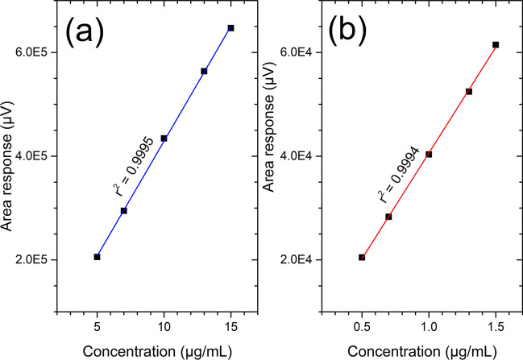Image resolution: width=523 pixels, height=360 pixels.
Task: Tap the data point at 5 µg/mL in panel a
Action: coord(97,257)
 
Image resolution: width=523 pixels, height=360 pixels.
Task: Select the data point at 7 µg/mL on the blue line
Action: coord(123,211)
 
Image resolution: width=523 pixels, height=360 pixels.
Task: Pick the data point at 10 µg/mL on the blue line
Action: coord(164,139)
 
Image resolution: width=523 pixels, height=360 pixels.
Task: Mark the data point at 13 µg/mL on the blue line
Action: coord(204,71)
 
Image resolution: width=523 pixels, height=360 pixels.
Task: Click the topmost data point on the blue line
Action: coord(230,27)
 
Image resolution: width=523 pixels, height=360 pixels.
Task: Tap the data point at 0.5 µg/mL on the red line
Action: coord(362,258)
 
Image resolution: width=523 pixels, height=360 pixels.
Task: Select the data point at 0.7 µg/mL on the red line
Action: coord(388,217)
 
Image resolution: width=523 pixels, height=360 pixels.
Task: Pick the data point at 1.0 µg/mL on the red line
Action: coord(429,154)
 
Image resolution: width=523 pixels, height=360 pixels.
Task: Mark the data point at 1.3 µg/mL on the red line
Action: coord(469,92)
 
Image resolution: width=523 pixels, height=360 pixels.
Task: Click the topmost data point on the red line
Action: coord(496,44)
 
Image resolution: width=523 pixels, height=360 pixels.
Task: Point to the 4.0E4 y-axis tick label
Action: coord(299,156)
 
